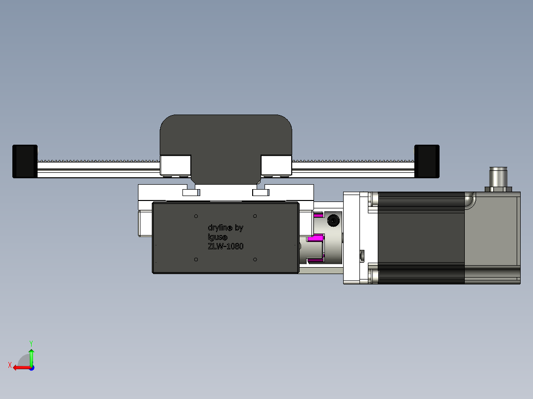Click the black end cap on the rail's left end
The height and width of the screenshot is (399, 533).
25,161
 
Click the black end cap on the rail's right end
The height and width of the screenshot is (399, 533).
427,161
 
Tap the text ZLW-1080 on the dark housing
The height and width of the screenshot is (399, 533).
225,246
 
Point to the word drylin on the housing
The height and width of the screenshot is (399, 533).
219,228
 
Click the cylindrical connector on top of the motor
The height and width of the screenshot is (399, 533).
500,176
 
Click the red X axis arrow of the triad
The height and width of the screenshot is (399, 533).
20,367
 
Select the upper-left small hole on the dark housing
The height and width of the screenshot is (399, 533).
196,216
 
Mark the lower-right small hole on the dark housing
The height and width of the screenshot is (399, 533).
255,259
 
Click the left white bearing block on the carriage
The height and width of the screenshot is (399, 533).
176,164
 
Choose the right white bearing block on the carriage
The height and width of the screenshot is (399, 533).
276,164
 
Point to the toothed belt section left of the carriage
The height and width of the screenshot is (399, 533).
99,160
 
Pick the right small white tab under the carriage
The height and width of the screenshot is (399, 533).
260,193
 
